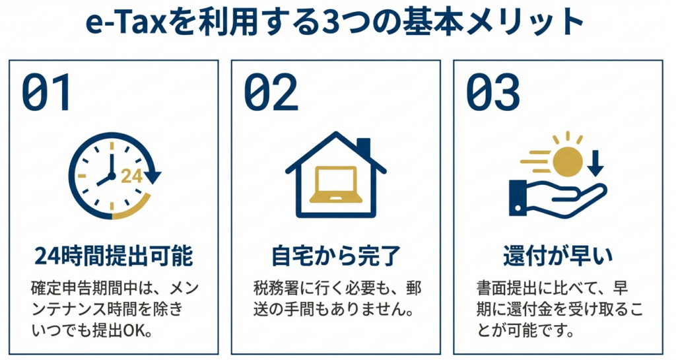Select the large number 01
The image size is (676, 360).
[46, 92]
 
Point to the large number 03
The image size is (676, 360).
[492, 92]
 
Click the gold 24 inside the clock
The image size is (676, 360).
[131, 176]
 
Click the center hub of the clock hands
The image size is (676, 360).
[112, 176]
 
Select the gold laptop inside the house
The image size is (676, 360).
[335, 184]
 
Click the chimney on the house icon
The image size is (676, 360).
[364, 148]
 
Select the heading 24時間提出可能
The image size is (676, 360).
[114, 256]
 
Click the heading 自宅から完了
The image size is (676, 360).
[336, 256]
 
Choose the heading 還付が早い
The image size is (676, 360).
[557, 256]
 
